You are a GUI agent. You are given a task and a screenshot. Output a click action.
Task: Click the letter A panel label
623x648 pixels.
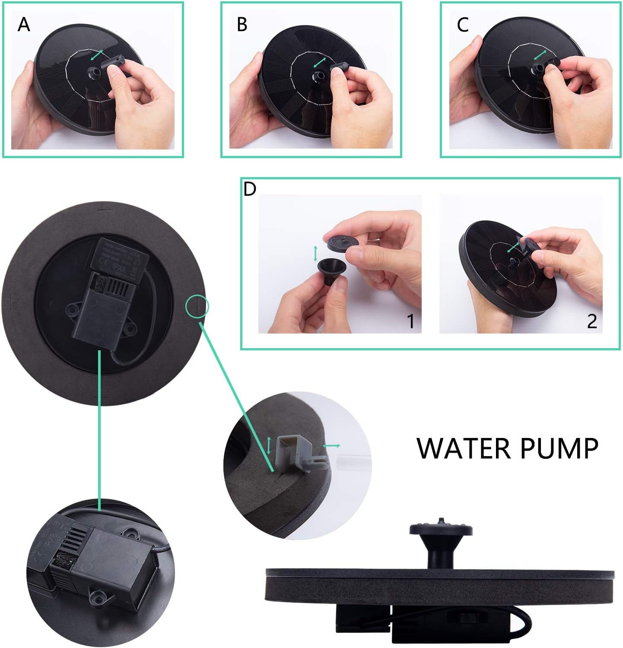pos(24,25)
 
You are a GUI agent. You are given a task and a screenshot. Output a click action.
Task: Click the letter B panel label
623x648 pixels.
pos(242,25)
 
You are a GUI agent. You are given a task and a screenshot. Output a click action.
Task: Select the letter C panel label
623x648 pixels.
pos(462,25)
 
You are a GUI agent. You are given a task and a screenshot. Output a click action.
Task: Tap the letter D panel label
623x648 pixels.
pos(250,189)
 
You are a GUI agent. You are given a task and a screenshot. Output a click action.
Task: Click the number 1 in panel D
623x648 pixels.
pos(410,321)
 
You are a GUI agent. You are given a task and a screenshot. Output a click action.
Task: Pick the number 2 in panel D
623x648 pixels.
pos(591,321)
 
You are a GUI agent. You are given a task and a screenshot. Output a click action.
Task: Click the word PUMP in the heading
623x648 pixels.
pos(559,448)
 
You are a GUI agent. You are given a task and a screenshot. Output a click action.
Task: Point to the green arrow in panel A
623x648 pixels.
pos(97,55)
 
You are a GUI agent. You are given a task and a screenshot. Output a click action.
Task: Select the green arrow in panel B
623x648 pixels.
pos(319,62)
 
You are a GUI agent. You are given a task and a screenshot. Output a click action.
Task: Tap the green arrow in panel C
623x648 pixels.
pos(540,55)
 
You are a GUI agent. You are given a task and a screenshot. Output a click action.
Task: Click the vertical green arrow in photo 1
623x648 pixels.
pos(315,253)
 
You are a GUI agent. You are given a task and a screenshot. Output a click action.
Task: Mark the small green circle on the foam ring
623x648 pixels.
pos(197,306)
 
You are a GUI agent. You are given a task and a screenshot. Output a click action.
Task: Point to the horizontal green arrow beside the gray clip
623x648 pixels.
pos(331,445)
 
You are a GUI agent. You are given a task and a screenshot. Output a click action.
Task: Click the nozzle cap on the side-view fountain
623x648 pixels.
pos(441,529)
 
